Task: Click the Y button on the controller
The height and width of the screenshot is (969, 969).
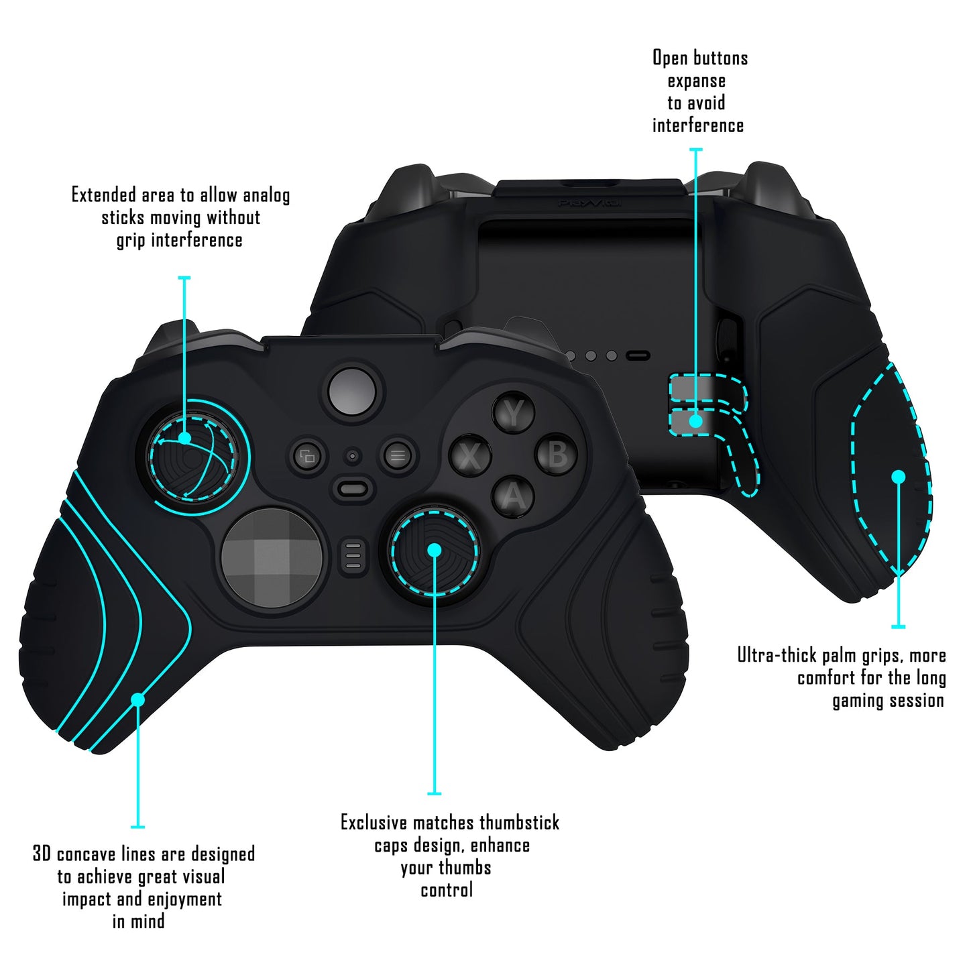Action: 514,414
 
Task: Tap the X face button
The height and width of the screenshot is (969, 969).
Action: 471,456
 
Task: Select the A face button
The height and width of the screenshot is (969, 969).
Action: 513,497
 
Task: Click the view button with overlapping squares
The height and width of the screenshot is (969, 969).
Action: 308,457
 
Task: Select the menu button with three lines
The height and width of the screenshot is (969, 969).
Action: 397,456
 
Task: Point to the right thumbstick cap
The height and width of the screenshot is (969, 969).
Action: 435,550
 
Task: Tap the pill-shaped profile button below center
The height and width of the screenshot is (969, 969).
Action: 353,488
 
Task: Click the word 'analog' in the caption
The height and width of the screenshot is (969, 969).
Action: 266,196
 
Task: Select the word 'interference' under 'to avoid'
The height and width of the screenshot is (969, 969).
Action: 698,126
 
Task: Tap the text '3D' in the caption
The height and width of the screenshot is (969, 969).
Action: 42,854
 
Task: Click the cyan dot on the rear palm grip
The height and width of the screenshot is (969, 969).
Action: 898,477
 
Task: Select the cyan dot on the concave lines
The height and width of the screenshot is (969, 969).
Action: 137,699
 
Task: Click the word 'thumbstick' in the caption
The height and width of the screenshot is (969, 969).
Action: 519,823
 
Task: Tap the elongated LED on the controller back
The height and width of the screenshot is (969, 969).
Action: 637,356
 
